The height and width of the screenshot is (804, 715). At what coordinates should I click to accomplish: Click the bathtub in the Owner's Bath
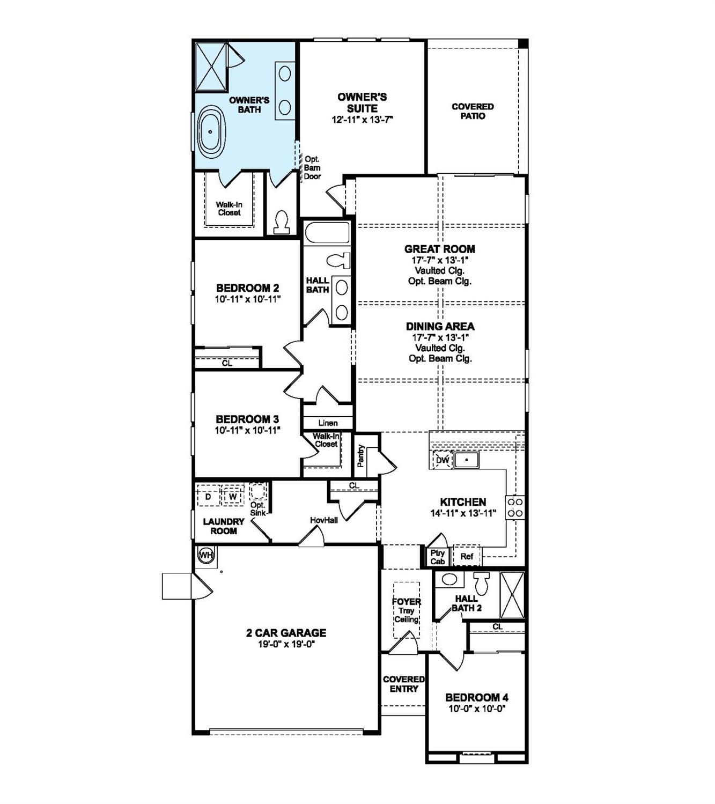(211, 131)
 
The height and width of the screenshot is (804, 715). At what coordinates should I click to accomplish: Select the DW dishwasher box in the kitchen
(443, 460)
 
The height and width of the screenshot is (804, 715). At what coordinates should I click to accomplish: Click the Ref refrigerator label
(467, 557)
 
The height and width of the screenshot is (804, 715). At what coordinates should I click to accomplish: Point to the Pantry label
(361, 455)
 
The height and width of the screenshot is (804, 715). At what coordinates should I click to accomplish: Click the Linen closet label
(328, 423)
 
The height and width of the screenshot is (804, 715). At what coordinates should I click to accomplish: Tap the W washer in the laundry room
(233, 497)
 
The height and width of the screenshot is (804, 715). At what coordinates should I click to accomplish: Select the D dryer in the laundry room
(208, 497)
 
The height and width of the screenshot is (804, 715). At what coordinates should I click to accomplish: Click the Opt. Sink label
(258, 508)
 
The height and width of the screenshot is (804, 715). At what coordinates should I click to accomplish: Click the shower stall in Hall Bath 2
(512, 595)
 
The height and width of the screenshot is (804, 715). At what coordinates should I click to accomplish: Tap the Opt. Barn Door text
(312, 168)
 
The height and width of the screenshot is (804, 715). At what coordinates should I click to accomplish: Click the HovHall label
(324, 520)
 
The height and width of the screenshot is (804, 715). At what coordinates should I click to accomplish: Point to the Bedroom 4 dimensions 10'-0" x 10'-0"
(477, 708)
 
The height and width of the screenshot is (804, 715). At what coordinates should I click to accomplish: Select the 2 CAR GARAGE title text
(286, 633)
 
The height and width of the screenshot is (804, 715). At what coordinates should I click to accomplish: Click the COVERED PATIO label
(473, 111)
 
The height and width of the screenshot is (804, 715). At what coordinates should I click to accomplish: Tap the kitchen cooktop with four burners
(515, 507)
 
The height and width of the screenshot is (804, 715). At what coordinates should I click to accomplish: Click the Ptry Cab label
(438, 557)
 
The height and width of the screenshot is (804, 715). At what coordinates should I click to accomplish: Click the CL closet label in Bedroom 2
(227, 363)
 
